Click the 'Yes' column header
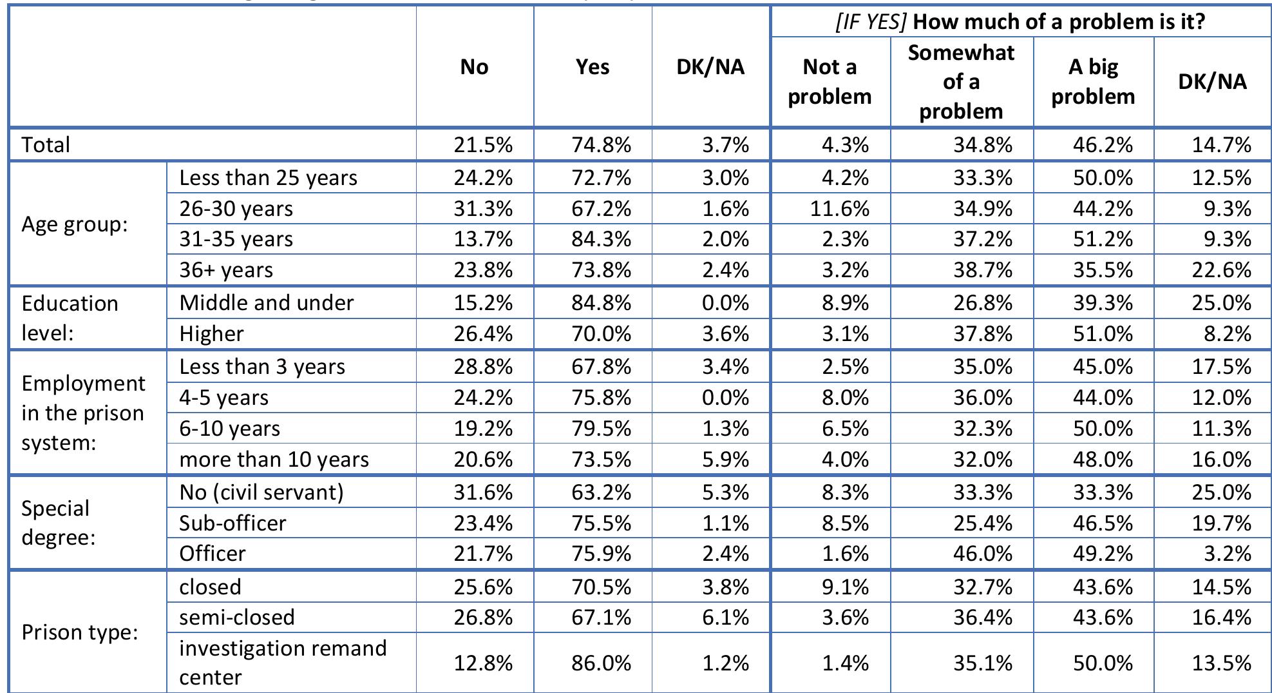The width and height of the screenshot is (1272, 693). point(592,67)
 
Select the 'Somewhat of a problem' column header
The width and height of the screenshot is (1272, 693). point(961,82)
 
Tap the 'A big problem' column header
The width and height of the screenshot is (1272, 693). point(1093,82)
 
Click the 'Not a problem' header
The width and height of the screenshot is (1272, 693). point(830,82)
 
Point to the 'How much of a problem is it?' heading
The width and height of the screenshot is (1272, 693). point(1020,22)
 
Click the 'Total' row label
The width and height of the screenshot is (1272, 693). point(46,144)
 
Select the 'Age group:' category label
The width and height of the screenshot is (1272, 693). point(75,224)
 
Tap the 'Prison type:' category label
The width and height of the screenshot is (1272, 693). point(80,632)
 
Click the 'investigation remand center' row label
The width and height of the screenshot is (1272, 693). point(283,662)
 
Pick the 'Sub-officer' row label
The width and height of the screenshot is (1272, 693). point(233,523)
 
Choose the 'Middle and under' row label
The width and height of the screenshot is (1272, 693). point(267,303)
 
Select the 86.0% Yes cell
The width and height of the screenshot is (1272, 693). point(601,663)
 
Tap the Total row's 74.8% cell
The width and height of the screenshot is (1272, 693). point(601,145)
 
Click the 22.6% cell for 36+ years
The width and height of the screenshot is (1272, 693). point(1221,270)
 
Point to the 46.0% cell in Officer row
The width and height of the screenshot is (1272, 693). point(983,554)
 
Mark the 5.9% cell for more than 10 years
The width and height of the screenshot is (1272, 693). point(725,460)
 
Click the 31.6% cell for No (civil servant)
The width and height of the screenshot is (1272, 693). point(483,493)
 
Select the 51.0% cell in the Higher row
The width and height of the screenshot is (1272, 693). point(1103,334)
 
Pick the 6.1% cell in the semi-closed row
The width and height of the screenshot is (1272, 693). point(725,618)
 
